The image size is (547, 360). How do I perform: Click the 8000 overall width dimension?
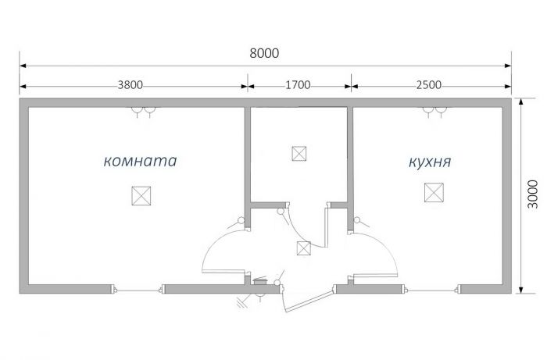point(264,53)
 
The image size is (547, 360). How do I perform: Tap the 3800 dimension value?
point(130,85)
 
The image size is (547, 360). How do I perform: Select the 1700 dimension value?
point(298,85)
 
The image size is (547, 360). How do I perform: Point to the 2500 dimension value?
point(429,85)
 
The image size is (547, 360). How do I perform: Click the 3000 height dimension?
point(533,194)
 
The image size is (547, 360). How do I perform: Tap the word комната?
point(140,161)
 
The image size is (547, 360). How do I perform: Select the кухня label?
point(430,162)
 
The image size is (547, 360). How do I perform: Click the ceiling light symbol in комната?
point(141,196)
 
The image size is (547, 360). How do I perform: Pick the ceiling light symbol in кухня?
point(434,192)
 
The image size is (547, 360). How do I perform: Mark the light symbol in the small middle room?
point(299,154)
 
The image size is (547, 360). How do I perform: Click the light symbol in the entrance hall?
point(303,248)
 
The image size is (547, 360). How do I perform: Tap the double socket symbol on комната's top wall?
point(143,112)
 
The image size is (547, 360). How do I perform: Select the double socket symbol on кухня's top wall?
point(434,112)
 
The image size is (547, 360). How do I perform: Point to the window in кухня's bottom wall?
point(432,290)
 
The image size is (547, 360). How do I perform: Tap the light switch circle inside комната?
point(241,220)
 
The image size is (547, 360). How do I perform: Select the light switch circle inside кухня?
point(357,220)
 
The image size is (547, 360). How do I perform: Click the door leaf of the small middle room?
point(327,227)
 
